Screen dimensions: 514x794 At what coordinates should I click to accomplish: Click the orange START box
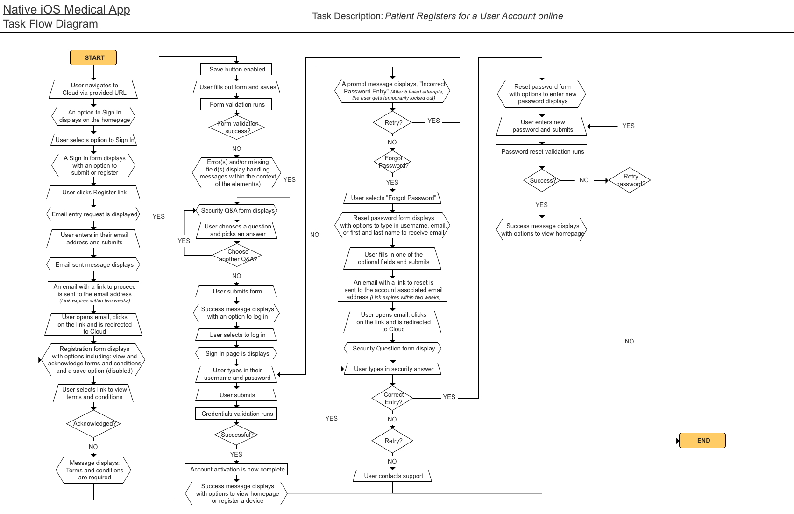click(x=93, y=58)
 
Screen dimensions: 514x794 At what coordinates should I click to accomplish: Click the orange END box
click(x=702, y=440)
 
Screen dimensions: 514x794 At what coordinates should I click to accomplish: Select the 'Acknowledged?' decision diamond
click(x=94, y=424)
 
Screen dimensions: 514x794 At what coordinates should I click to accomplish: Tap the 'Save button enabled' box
click(x=236, y=69)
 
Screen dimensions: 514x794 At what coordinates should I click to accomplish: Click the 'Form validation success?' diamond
click(x=237, y=128)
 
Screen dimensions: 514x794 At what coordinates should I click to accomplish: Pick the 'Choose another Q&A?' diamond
click(x=237, y=255)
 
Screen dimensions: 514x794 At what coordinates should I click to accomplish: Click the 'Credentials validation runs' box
click(x=236, y=414)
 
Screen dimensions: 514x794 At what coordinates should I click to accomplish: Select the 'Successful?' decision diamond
click(x=236, y=435)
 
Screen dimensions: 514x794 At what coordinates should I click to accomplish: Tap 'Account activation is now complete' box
click(x=237, y=469)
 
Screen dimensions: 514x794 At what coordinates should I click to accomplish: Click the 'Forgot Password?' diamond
click(x=393, y=162)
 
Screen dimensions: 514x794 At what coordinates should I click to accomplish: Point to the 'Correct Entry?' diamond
click(x=393, y=398)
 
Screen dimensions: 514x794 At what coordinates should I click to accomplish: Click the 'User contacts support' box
click(x=393, y=476)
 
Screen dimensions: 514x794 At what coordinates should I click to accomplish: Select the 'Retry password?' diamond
click(x=630, y=180)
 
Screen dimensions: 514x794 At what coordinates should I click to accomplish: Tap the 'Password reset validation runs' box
click(x=542, y=151)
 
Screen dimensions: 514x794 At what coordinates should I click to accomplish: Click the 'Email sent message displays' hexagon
click(x=94, y=264)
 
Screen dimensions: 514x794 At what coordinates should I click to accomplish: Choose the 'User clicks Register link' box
click(x=94, y=192)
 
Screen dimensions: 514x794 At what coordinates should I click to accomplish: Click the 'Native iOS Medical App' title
click(x=66, y=10)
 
